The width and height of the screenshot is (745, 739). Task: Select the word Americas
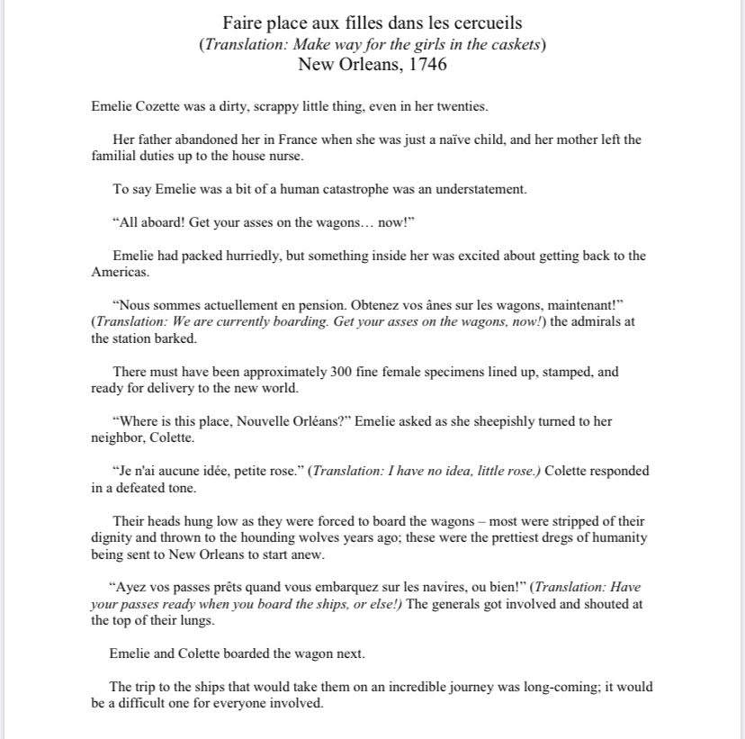point(117,272)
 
